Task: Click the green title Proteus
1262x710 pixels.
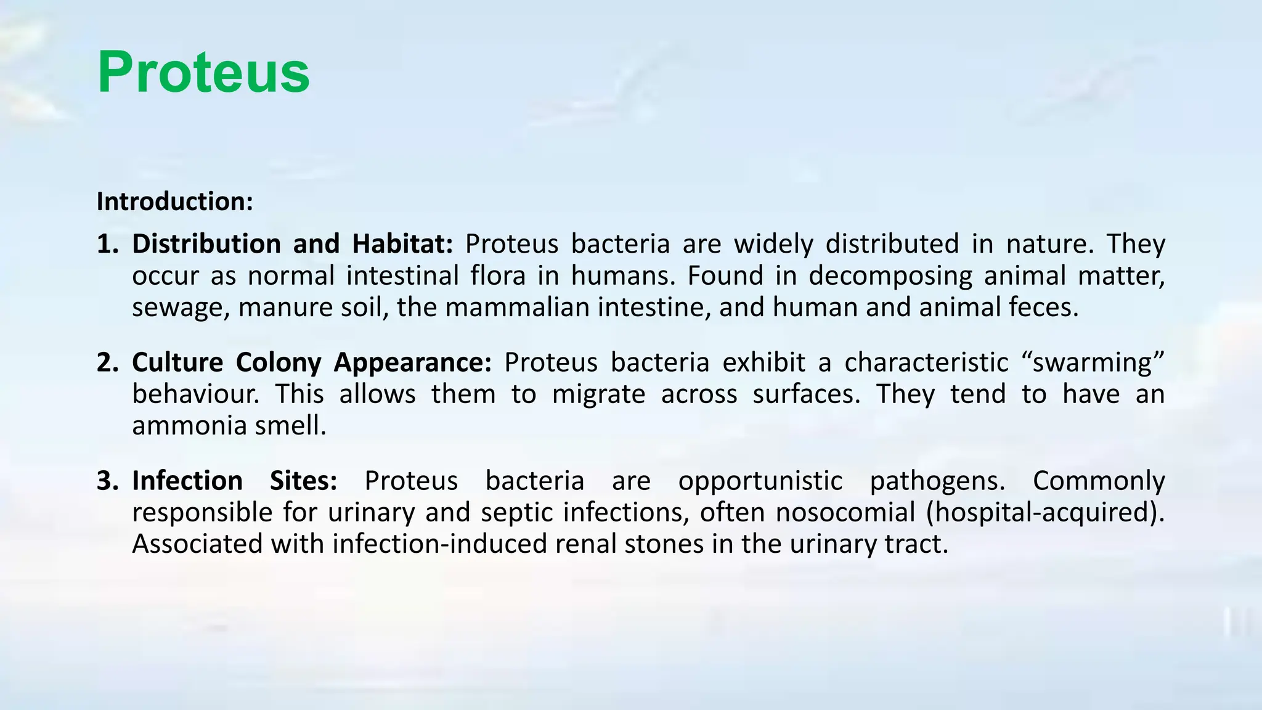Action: click(203, 73)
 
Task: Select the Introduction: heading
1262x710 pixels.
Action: click(175, 202)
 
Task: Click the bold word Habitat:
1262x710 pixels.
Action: click(402, 244)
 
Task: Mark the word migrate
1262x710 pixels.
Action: click(598, 394)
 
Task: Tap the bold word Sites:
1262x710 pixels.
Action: click(303, 481)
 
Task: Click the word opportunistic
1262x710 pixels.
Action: click(760, 481)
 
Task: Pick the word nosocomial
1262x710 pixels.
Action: click(845, 512)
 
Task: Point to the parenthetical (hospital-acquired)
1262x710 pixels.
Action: click(1044, 512)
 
